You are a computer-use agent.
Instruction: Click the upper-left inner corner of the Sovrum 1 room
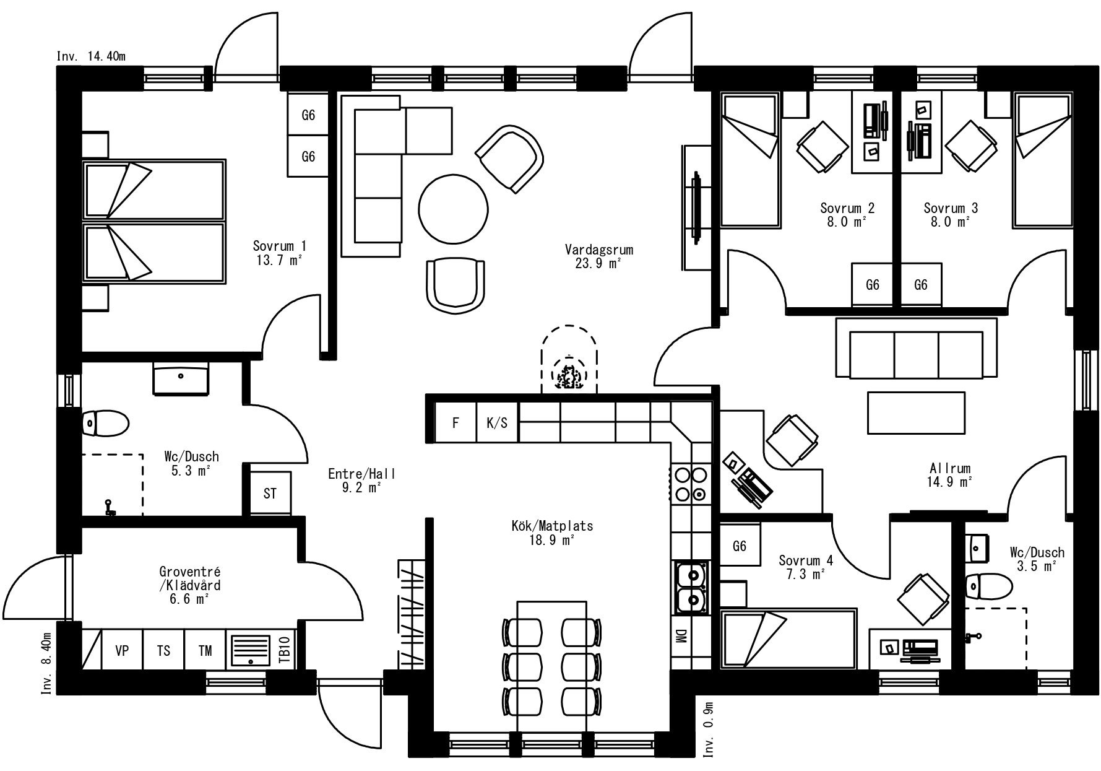(x=82, y=92)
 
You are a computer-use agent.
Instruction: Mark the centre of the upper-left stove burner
(x=683, y=475)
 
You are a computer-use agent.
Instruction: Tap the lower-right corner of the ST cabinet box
(x=290, y=514)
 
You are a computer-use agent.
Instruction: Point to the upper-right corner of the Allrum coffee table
(x=965, y=392)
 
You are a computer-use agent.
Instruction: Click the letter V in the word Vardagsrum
(x=568, y=250)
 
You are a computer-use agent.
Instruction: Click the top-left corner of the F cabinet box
(x=436, y=403)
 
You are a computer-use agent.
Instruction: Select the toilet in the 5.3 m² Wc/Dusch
(x=105, y=424)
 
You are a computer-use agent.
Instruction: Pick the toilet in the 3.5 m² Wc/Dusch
(x=988, y=585)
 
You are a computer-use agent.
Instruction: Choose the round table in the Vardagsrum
(x=453, y=209)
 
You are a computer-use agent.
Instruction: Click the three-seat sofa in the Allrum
(x=916, y=348)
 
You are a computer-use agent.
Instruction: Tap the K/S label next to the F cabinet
(x=497, y=423)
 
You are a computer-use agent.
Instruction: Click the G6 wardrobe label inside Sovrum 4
(x=739, y=546)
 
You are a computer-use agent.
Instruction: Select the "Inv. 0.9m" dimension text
(x=709, y=730)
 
